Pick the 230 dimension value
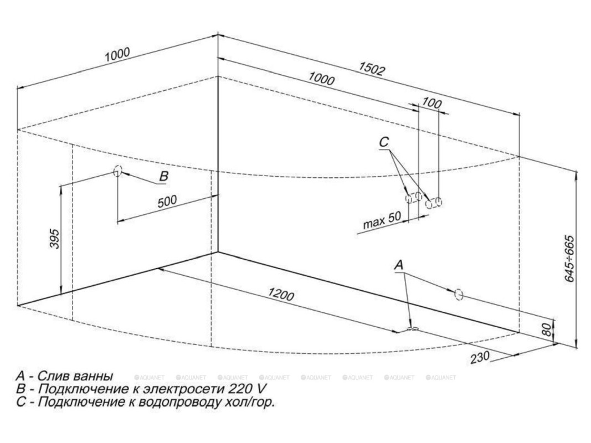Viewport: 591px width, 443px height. tap(480, 357)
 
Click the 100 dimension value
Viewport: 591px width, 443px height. tap(431, 103)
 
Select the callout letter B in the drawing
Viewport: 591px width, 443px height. tap(163, 177)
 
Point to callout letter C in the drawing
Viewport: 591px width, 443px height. tap(385, 142)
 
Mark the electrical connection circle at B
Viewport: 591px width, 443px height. tap(117, 171)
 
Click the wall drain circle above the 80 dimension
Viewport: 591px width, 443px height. tap(458, 295)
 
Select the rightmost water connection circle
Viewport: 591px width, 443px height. tap(438, 202)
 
